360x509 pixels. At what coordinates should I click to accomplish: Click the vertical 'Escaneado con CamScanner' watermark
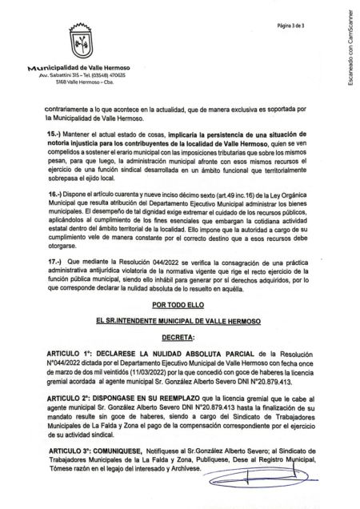pos(350,60)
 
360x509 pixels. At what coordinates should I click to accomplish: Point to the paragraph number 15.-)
pos(54,150)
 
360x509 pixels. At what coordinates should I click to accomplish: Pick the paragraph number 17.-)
pos(54,284)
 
